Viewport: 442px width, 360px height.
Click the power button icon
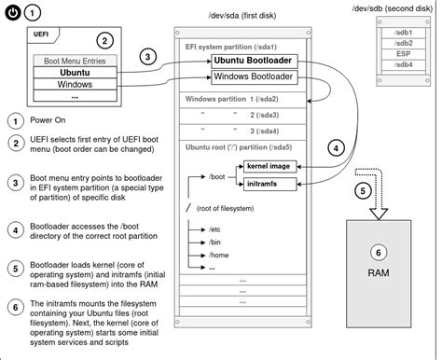point(13,13)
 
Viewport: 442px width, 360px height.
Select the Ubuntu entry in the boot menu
point(75,73)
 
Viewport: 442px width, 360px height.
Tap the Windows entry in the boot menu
point(75,84)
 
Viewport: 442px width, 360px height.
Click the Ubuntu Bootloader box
point(255,61)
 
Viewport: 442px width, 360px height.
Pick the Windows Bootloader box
point(255,76)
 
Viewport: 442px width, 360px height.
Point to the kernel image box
point(269,167)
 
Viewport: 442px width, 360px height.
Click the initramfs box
point(269,184)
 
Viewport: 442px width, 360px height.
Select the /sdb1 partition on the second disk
point(403,33)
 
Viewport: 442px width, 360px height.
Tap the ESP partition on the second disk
point(403,54)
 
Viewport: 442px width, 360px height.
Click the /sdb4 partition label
point(403,64)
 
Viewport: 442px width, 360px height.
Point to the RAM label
point(379,273)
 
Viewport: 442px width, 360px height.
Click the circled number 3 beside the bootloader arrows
point(147,57)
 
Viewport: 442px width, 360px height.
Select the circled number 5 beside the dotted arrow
point(363,190)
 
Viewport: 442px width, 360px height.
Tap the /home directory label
point(219,256)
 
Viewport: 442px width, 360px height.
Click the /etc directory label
point(214,229)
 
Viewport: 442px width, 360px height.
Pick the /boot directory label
point(217,177)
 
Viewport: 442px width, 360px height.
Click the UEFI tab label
point(41,35)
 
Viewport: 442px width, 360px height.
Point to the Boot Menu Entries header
point(75,61)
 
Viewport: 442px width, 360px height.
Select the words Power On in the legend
point(48,120)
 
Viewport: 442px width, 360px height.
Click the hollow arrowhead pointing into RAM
point(379,214)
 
